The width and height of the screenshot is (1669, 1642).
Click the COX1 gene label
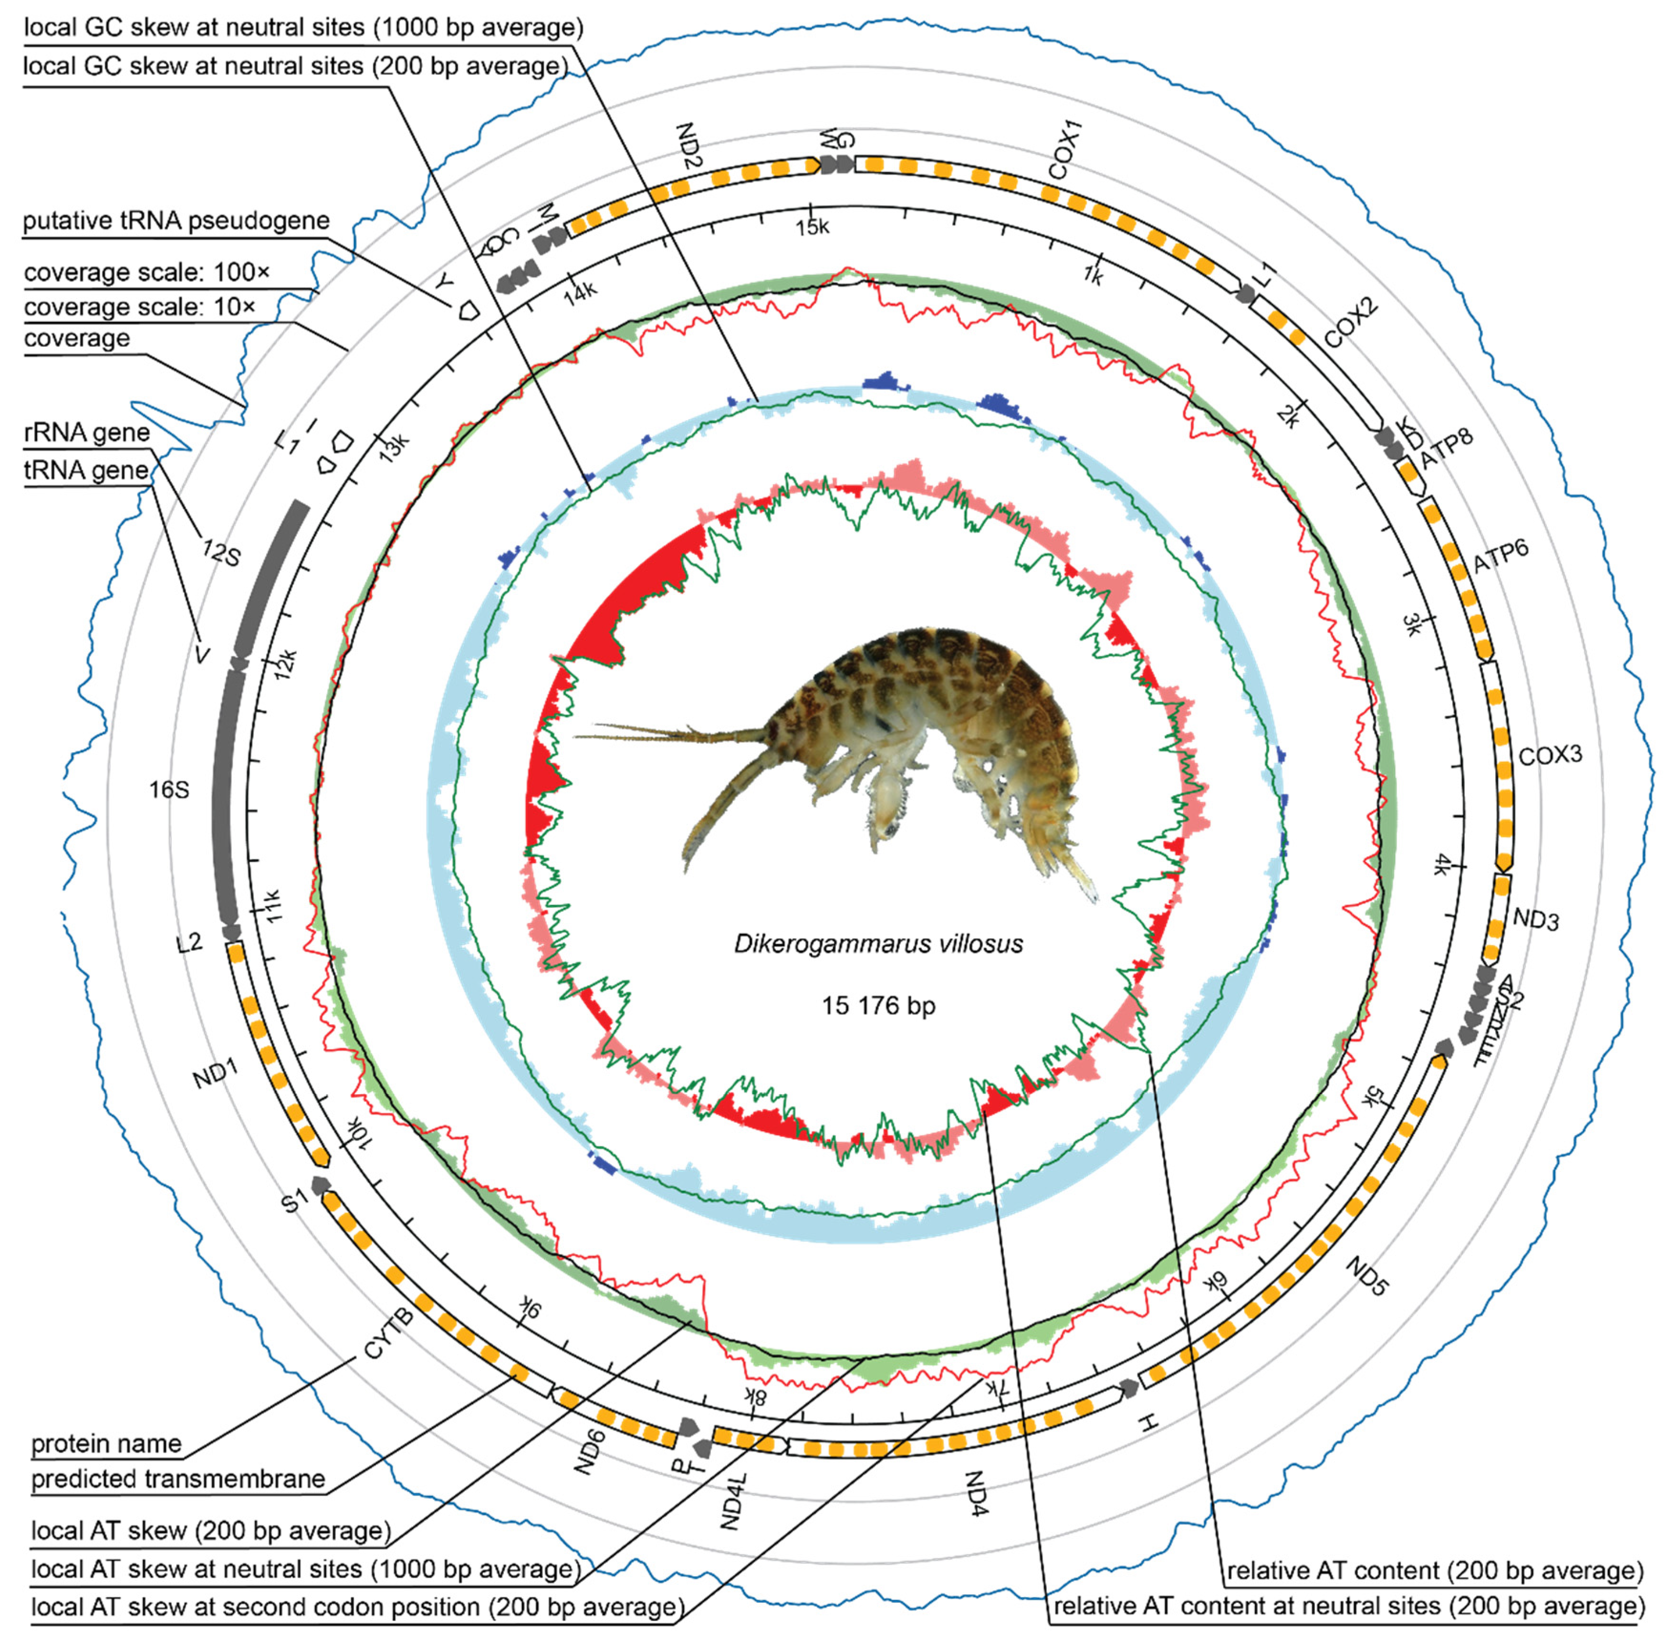(x=1065, y=149)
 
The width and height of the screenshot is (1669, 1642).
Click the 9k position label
(x=529, y=1310)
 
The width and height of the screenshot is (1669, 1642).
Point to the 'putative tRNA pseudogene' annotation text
(x=176, y=221)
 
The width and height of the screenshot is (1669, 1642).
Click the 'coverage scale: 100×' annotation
(x=146, y=273)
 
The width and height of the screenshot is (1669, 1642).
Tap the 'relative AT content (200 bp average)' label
(x=1435, y=1570)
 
